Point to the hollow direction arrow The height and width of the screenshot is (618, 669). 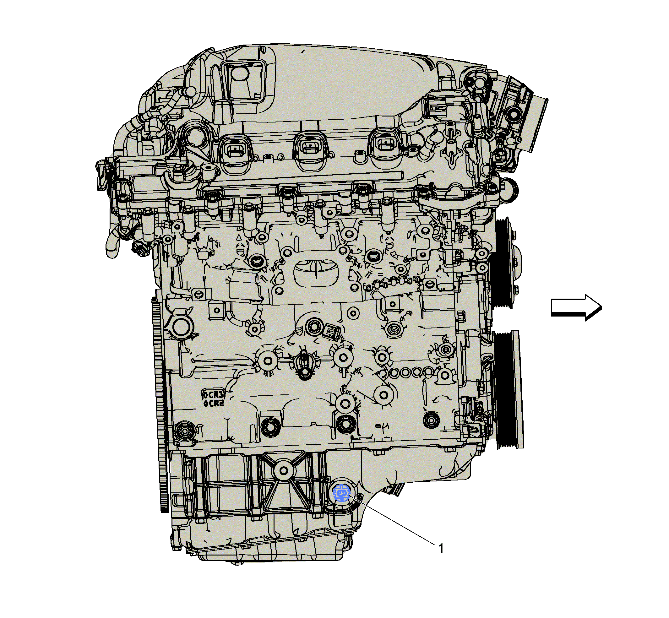[x=576, y=307]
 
